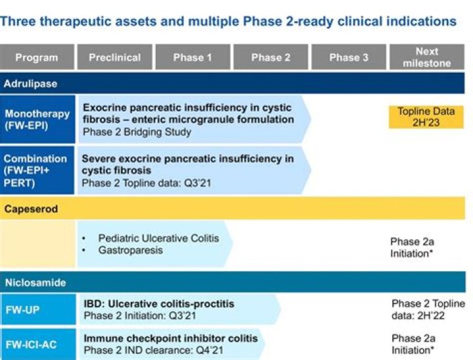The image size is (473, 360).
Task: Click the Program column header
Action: point(37,57)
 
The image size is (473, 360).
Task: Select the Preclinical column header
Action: point(115,57)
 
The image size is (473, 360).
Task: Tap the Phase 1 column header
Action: point(192,57)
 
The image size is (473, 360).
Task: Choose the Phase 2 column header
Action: point(271,57)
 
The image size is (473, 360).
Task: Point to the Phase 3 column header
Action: point(349,57)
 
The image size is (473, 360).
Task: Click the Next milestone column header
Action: point(427,57)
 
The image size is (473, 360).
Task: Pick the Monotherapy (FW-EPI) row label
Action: point(37,119)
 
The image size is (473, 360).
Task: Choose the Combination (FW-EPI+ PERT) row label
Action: point(37,170)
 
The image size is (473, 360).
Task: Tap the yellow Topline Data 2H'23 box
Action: point(426,116)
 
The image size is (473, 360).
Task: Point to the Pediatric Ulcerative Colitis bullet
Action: point(158,238)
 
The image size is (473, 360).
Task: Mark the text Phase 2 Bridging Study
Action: point(137,131)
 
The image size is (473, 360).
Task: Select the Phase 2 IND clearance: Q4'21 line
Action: point(153,350)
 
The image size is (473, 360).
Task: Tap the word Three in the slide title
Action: point(18,22)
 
